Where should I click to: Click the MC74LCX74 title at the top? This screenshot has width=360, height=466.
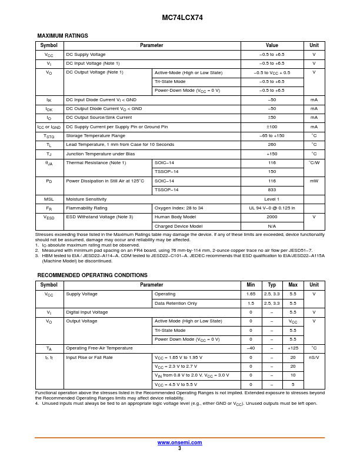click(182, 18)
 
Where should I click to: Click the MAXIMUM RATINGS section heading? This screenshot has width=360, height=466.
click(62, 36)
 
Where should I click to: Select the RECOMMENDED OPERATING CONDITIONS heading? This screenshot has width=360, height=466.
click(92, 275)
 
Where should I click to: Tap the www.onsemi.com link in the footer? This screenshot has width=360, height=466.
click(179, 442)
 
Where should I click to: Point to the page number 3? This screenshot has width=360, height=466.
click(179, 448)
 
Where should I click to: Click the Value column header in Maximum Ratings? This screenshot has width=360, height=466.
click(272, 45)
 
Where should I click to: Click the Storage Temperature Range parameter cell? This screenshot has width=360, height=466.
click(95, 135)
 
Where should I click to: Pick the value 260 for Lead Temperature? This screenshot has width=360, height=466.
click(272, 144)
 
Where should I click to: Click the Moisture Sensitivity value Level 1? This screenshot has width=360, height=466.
click(272, 199)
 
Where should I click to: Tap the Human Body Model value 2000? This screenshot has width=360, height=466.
click(272, 217)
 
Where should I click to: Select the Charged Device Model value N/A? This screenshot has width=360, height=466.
click(272, 226)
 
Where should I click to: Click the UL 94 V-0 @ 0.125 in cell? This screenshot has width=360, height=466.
click(272, 208)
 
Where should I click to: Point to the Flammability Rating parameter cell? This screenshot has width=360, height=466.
click(86, 208)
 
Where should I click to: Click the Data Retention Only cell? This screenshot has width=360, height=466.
click(176, 303)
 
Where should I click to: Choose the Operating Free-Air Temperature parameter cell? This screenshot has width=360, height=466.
click(99, 348)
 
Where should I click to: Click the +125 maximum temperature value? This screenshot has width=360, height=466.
click(293, 348)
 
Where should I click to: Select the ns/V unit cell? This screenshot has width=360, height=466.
click(314, 357)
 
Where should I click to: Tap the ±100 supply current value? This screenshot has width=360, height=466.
click(272, 127)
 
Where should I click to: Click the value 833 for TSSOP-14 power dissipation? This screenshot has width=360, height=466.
click(272, 189)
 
